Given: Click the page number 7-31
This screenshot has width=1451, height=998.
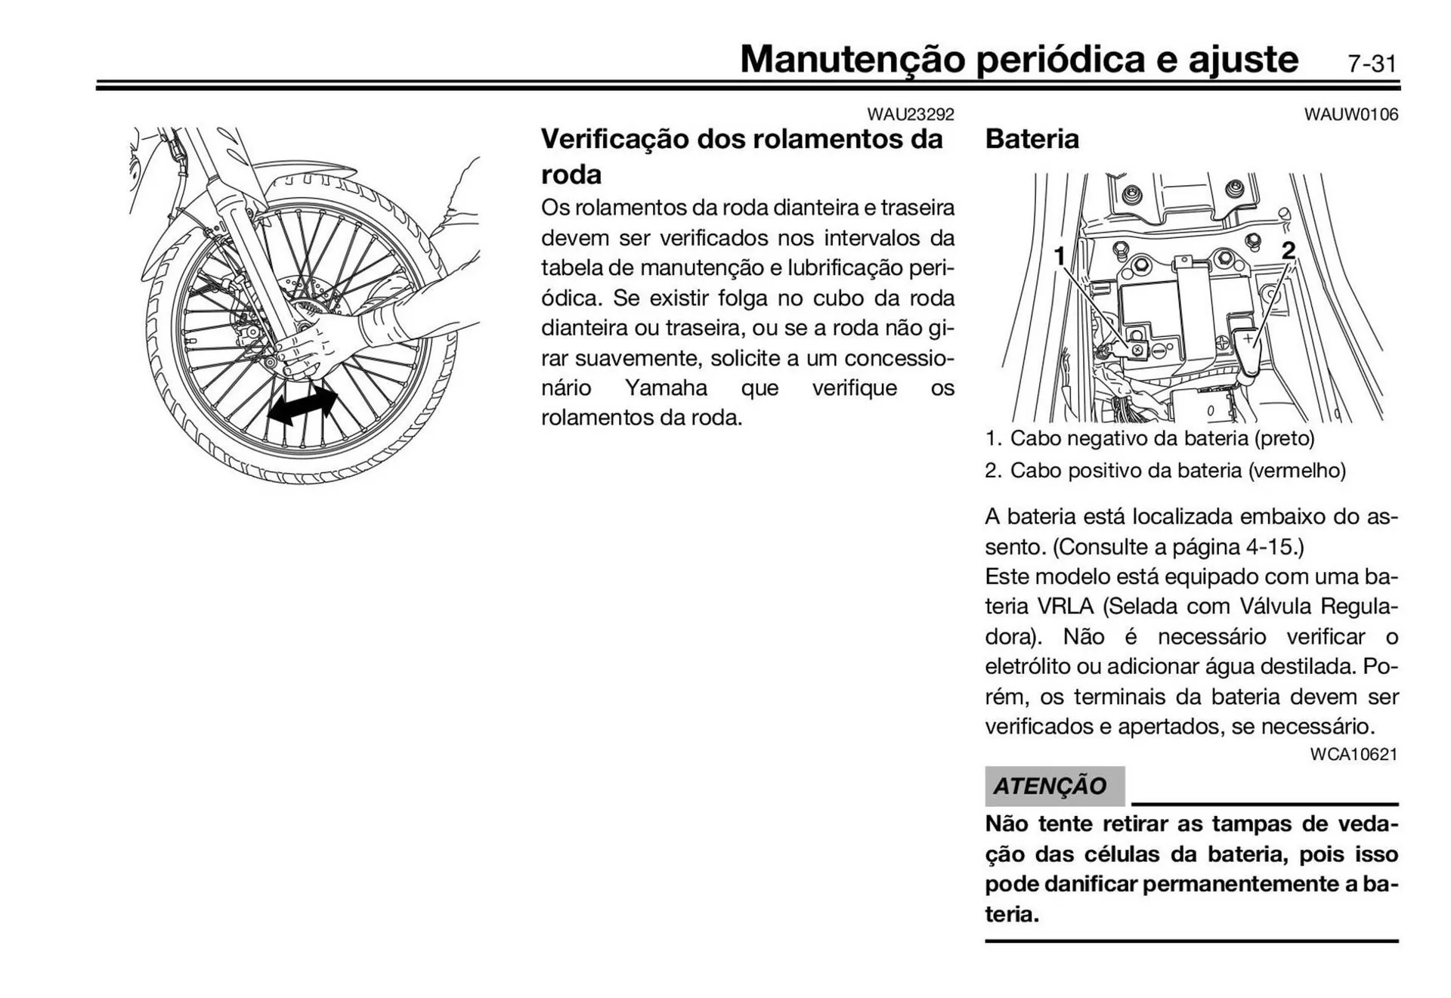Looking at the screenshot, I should point(1372,63).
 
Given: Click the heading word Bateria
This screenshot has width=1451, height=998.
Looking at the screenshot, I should point(1032,139).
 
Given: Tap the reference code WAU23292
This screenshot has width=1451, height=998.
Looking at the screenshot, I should point(910,115).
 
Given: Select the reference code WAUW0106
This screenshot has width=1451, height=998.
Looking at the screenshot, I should point(1350,115).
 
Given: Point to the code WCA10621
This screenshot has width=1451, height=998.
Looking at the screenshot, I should point(1354,754).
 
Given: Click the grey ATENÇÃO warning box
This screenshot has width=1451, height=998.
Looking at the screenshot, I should point(1053,786).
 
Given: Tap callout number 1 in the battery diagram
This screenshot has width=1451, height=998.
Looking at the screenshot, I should point(1060,256).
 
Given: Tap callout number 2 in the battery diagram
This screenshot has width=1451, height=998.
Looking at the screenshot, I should point(1289,250).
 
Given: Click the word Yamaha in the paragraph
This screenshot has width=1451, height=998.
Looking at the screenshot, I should point(666,388).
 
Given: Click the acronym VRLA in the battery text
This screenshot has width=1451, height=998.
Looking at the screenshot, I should point(1066,606).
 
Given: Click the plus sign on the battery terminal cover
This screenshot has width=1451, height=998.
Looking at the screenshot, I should point(1248,338).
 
